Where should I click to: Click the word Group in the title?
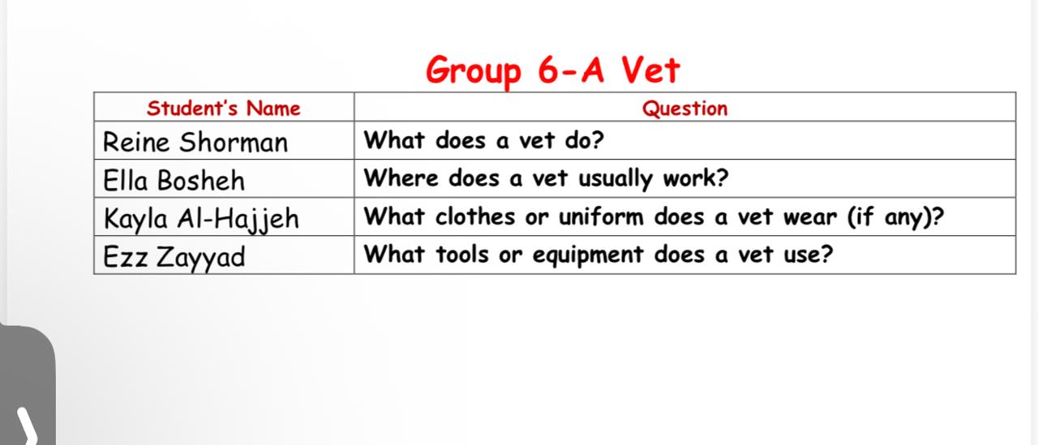[474, 71]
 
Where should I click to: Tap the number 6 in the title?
[548, 70]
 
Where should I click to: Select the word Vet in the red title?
[650, 70]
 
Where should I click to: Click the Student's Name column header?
[224, 109]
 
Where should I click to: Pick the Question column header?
[685, 109]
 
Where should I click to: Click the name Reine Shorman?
[195, 142]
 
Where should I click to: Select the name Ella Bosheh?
[174, 180]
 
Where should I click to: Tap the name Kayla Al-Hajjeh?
[201, 219]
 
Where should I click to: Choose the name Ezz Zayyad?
[174, 257]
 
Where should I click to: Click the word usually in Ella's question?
[615, 179]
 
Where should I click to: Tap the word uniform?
[601, 216]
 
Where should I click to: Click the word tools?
[462, 255]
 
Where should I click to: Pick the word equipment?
[588, 255]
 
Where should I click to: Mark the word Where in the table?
[401, 178]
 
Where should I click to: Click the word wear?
[810, 217]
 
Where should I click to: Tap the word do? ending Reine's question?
[584, 140]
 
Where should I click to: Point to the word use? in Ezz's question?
[809, 255]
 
